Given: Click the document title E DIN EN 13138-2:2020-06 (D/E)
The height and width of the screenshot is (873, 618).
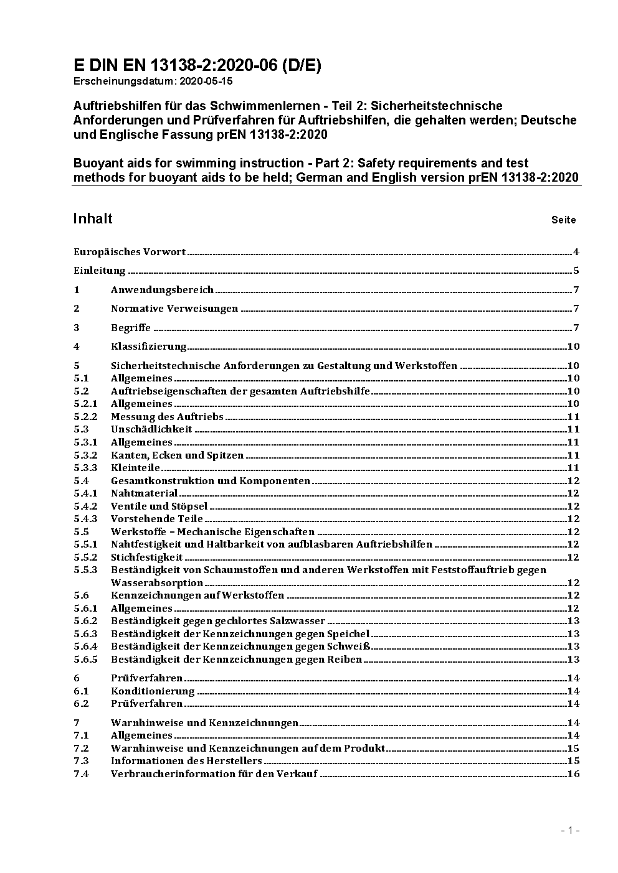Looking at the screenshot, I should [197, 65].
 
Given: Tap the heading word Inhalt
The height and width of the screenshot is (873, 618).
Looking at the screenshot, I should [93, 218].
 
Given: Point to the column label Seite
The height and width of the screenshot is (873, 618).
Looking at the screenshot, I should [563, 220].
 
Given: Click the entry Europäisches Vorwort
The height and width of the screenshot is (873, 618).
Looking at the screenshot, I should [130, 252].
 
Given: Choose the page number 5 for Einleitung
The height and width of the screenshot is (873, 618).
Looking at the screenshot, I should [576, 271].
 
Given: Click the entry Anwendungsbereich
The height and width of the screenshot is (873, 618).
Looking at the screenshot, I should [162, 290].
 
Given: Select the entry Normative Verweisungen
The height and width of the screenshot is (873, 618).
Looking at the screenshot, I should [174, 309].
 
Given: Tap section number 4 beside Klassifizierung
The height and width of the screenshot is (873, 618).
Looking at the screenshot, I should [77, 347].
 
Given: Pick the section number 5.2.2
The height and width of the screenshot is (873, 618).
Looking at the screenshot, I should [85, 417].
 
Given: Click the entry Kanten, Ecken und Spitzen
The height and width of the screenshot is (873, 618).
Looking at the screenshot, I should [177, 455].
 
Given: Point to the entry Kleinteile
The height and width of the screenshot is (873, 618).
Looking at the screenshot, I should [135, 468].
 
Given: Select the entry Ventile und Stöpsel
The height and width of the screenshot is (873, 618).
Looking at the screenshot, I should [159, 507].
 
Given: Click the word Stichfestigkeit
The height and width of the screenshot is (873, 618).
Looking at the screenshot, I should [146, 558].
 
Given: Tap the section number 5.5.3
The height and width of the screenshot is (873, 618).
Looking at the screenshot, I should [85, 570].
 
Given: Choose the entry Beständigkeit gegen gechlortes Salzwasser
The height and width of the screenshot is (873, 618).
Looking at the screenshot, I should [218, 621].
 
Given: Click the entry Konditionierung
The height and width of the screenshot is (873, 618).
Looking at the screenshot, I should [153, 691].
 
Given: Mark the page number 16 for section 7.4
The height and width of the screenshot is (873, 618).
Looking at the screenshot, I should [573, 774].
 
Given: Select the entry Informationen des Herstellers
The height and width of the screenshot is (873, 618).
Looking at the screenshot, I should [186, 761].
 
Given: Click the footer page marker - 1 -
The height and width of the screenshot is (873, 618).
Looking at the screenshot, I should [570, 830].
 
